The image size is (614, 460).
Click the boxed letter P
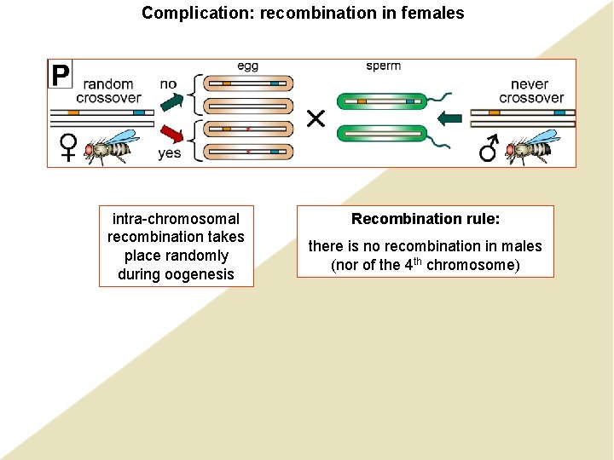(x=60, y=75)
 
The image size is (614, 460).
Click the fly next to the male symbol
(x=532, y=147)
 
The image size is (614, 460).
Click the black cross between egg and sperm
(x=316, y=118)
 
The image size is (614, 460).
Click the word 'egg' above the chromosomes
(x=247, y=66)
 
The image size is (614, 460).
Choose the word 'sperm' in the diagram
(x=383, y=66)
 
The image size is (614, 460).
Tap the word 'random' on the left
(x=108, y=83)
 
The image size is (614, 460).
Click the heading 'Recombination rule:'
(x=426, y=219)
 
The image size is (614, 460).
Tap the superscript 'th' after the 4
(x=418, y=261)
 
